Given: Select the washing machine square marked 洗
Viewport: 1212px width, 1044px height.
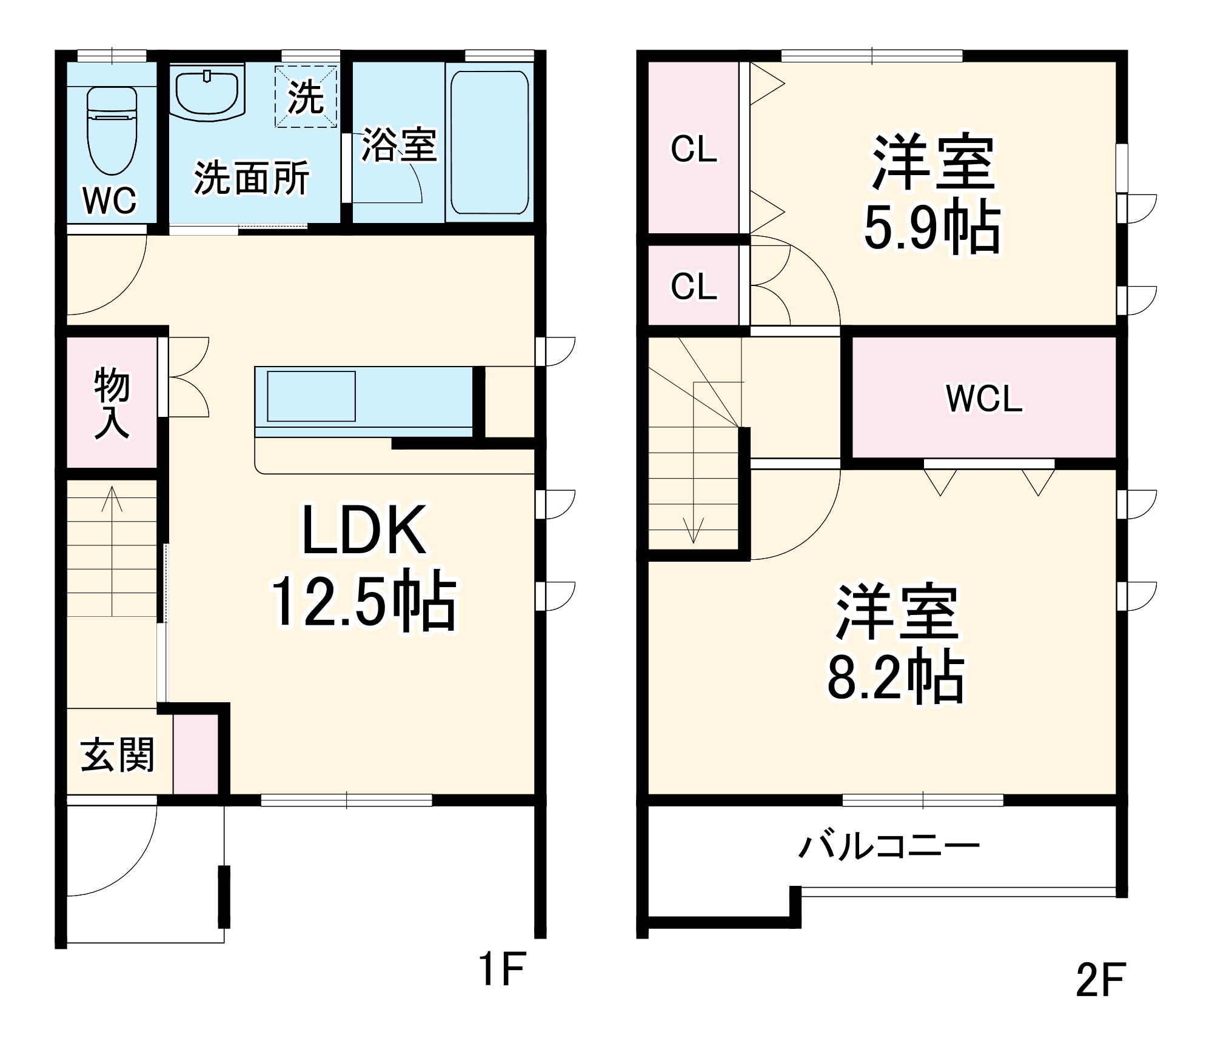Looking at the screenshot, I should [x=306, y=97].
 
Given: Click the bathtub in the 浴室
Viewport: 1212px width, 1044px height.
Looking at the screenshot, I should [x=489, y=142].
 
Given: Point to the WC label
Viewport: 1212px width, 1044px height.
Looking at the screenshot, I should [x=110, y=201].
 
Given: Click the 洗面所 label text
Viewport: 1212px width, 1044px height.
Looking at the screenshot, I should [x=252, y=178].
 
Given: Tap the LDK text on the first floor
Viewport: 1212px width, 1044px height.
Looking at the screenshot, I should [x=364, y=531].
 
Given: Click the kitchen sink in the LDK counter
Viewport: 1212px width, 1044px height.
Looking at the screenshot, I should [x=311, y=396].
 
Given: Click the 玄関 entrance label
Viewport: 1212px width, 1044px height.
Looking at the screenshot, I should [x=118, y=755].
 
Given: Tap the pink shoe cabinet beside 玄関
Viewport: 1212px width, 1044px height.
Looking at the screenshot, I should [x=196, y=754].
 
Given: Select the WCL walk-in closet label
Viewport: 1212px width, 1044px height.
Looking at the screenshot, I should [x=983, y=399].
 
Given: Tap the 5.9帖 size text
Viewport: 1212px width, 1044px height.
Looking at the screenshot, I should [x=932, y=227].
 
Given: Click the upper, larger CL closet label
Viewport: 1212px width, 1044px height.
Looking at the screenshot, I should [x=694, y=149].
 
